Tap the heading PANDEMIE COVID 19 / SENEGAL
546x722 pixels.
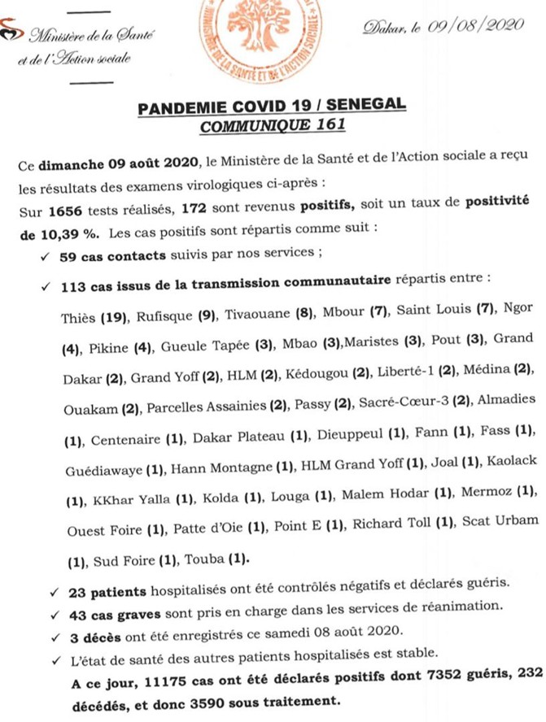point(272,107)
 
